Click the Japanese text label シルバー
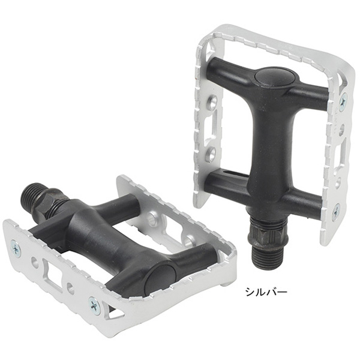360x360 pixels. pos(266,292)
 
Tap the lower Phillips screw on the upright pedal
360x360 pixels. pos(336,209)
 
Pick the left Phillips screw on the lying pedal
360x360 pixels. pos(16,248)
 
